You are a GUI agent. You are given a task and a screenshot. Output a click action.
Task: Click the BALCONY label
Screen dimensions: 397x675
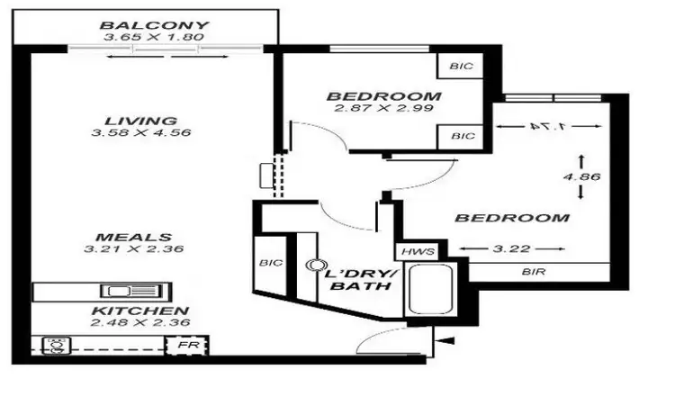[x=155, y=25]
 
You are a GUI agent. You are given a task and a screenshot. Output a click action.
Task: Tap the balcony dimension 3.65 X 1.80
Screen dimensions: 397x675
[x=155, y=38]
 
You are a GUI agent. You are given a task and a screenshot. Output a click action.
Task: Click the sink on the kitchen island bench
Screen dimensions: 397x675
[x=121, y=292]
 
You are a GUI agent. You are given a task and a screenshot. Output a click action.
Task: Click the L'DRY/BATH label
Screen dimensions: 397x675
[x=358, y=279]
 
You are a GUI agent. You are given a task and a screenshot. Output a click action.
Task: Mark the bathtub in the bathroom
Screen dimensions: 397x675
[x=428, y=289]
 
